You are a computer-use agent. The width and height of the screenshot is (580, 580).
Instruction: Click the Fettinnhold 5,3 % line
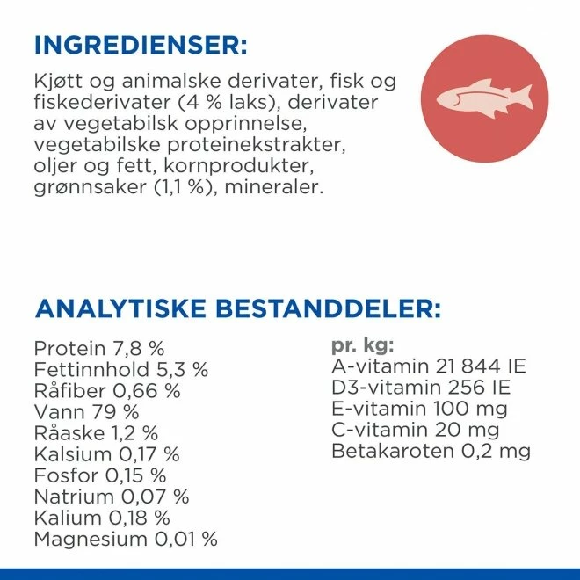click(x=120, y=369)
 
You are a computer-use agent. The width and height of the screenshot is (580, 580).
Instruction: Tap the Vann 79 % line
click(x=86, y=411)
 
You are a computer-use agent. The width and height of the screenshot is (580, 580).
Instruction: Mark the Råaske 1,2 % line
click(x=96, y=432)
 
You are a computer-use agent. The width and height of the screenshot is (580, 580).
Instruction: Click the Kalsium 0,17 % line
click(x=106, y=454)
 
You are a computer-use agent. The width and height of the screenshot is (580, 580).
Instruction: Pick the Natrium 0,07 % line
click(x=111, y=497)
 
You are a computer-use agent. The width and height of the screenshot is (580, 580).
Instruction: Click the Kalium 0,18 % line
click(x=101, y=518)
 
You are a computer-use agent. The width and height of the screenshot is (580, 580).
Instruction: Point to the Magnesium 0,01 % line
click(x=125, y=539)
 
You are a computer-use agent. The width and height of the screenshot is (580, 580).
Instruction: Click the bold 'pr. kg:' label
click(x=363, y=345)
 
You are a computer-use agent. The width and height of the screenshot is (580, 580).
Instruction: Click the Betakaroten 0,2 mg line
click(x=431, y=451)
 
